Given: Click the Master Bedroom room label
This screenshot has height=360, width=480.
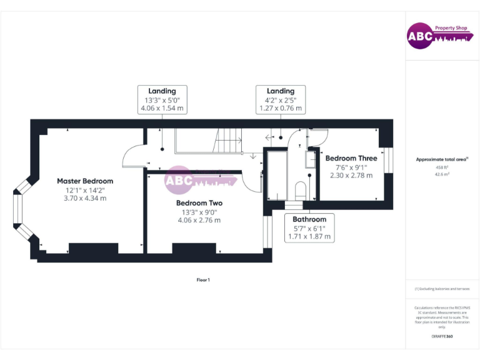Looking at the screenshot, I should (85, 181).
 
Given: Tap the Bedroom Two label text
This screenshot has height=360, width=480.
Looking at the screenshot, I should (199, 203).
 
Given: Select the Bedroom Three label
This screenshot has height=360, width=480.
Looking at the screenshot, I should (351, 159).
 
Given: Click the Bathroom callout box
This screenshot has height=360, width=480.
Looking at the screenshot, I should (309, 227).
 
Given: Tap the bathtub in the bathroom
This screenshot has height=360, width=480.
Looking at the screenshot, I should (276, 177).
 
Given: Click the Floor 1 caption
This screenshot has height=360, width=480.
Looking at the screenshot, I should (203, 280).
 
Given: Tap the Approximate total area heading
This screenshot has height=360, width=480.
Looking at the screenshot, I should (442, 159).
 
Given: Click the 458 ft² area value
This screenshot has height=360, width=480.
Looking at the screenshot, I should (442, 167).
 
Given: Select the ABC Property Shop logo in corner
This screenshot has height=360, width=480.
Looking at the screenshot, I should (437, 36).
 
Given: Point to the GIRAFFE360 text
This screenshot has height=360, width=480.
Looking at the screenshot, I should (442, 337).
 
